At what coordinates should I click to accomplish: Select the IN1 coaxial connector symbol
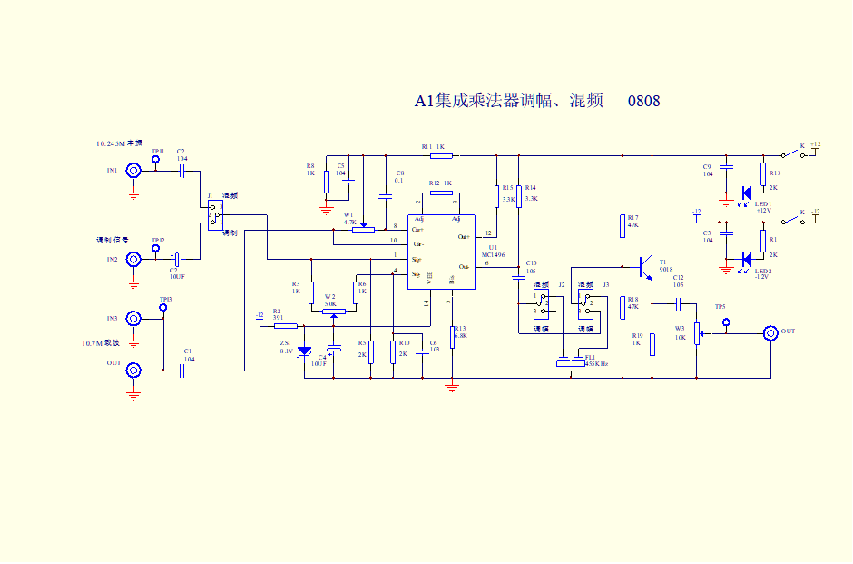pos(133,170)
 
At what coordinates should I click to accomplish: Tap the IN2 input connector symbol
pos(133,260)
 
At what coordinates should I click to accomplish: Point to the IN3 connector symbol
pos(133,319)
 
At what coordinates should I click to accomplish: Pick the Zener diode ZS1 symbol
pos(304,351)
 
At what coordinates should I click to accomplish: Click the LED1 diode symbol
pos(746,192)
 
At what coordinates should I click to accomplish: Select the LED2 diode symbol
pos(746,259)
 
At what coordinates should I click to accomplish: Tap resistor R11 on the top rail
pos(441,156)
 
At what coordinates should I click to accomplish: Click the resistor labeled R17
pos(623,225)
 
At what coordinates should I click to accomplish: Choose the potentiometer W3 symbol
pos(697,333)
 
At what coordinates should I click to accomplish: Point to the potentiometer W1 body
pos(363,229)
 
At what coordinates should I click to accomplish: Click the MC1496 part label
pos(493,255)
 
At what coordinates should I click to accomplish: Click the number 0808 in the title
pos(643,101)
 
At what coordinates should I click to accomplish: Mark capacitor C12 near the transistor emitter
pos(678,302)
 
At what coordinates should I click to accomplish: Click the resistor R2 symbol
pos(285,325)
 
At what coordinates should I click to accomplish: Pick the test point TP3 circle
pos(164,308)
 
